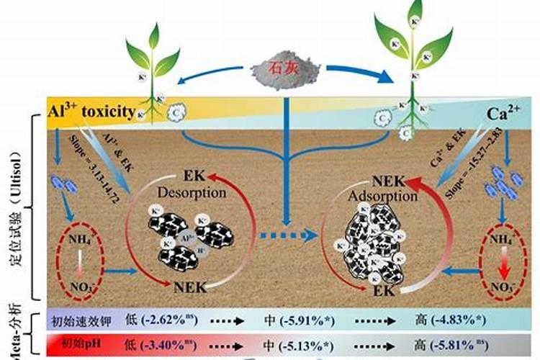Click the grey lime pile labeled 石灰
click(x=287, y=70)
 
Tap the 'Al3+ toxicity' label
click(x=91, y=112)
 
